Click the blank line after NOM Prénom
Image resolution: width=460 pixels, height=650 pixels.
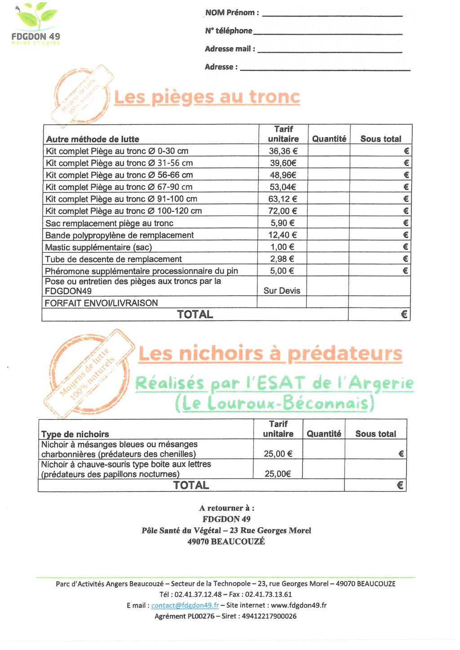click(x=332, y=15)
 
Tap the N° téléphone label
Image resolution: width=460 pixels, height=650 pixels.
click(x=228, y=31)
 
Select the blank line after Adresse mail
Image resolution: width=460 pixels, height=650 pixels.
click(x=330, y=52)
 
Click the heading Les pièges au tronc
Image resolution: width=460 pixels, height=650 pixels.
click(x=207, y=97)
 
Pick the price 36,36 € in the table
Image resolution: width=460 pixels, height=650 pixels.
click(x=283, y=151)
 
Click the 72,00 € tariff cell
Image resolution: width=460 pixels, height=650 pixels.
click(x=283, y=211)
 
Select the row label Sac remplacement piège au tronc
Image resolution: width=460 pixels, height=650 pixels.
click(x=109, y=223)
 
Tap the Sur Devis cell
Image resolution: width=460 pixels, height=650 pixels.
click(x=282, y=290)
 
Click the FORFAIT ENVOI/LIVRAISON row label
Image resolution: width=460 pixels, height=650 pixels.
click(x=101, y=303)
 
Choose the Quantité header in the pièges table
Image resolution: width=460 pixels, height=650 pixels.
click(x=329, y=139)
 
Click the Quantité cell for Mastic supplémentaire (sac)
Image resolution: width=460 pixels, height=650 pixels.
click(x=327, y=247)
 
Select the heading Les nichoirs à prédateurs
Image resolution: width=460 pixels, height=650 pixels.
click(x=270, y=354)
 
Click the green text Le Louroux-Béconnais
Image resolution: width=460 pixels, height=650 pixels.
click(x=274, y=403)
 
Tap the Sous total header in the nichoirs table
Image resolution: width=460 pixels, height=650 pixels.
click(x=376, y=434)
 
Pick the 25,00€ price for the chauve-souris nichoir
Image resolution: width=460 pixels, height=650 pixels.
click(x=278, y=474)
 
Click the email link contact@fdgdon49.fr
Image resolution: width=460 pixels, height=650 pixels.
click(x=185, y=605)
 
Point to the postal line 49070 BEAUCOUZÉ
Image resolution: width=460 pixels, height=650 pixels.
click(x=226, y=541)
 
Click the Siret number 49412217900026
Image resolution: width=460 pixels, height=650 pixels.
click(x=269, y=616)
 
